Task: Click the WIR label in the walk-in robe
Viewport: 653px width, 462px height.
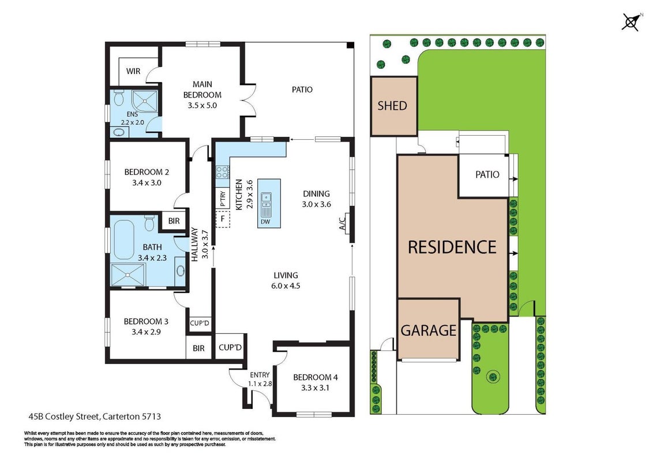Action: (x=133, y=71)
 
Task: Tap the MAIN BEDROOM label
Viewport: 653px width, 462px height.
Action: (x=202, y=90)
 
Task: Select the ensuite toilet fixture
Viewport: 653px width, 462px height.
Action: (x=119, y=98)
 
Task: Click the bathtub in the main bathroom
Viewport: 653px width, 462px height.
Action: (x=123, y=240)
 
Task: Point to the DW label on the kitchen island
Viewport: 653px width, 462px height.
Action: (x=265, y=221)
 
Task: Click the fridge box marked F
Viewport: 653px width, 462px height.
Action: (x=223, y=219)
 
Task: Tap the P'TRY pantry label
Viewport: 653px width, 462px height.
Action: (x=223, y=199)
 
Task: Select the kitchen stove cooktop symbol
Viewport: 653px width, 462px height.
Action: (x=223, y=172)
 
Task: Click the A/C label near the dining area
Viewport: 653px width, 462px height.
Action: (x=342, y=224)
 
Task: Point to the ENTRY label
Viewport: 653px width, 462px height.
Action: (x=260, y=375)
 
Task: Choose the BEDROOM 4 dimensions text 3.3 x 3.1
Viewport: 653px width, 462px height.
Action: (x=316, y=388)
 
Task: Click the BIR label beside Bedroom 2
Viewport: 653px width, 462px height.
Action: (x=174, y=221)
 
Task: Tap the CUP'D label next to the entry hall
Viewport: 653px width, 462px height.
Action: (x=230, y=347)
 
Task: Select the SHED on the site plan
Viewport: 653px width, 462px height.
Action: (x=394, y=106)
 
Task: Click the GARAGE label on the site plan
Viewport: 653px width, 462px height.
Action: (x=429, y=330)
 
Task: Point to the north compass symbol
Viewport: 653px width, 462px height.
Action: (x=631, y=22)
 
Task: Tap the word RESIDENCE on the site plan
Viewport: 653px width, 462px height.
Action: (x=452, y=247)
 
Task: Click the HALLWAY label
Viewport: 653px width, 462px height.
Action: (x=194, y=244)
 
